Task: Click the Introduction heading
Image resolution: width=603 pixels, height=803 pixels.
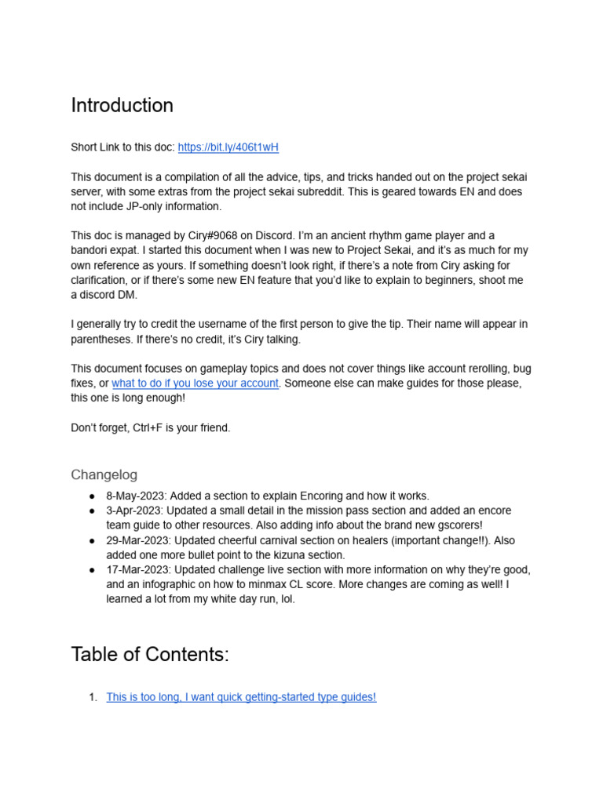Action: pyautogui.click(x=122, y=105)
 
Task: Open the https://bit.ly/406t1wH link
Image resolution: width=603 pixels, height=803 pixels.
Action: pyautogui.click(x=228, y=147)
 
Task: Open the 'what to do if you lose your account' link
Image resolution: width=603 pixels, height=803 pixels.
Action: pyautogui.click(x=195, y=383)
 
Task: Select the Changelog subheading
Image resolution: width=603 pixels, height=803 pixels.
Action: pyautogui.click(x=104, y=474)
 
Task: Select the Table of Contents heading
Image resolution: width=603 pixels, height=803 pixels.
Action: pyautogui.click(x=149, y=654)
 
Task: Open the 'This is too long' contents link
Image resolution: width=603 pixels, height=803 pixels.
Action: pyautogui.click(x=241, y=696)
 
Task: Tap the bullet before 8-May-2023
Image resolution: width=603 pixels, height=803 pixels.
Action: pyautogui.click(x=93, y=496)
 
